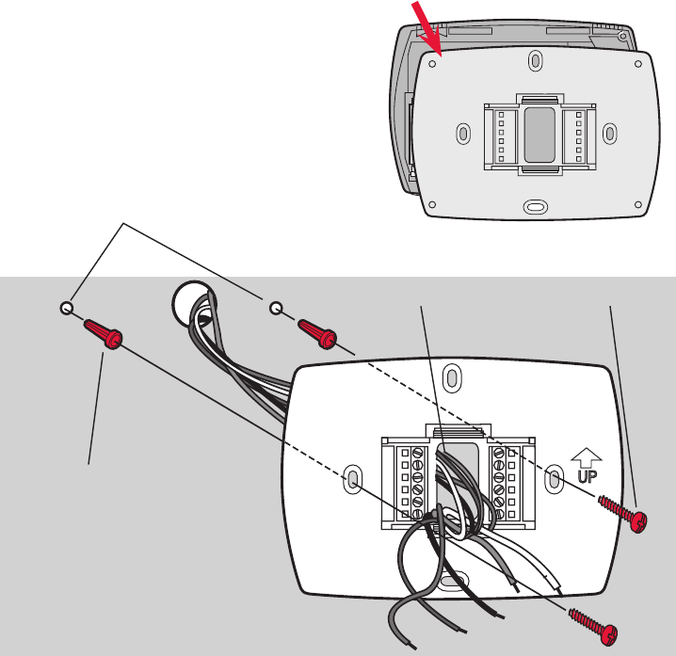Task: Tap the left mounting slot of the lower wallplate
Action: tap(351, 480)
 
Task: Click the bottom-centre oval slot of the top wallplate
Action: tap(535, 203)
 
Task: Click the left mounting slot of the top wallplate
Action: tap(461, 133)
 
